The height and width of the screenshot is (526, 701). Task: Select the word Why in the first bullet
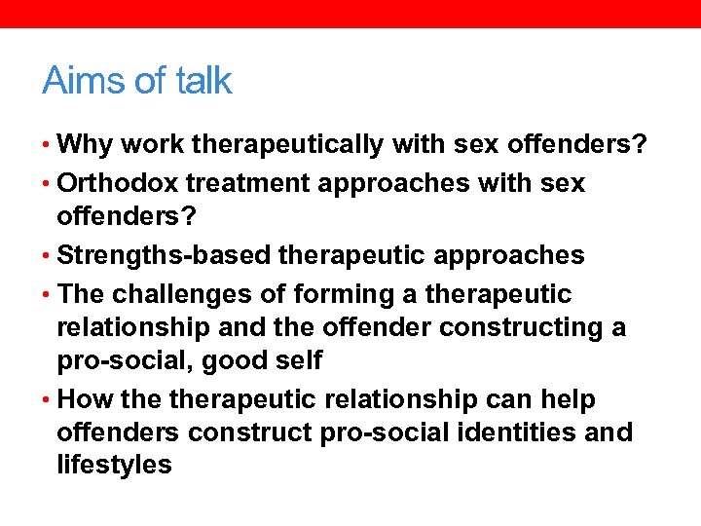click(x=85, y=145)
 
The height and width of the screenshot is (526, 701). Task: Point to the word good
click(x=225, y=360)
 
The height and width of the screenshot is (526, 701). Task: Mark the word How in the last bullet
click(x=85, y=399)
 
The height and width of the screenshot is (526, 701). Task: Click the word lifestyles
click(x=114, y=465)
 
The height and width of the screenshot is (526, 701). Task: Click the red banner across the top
click(x=350, y=14)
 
